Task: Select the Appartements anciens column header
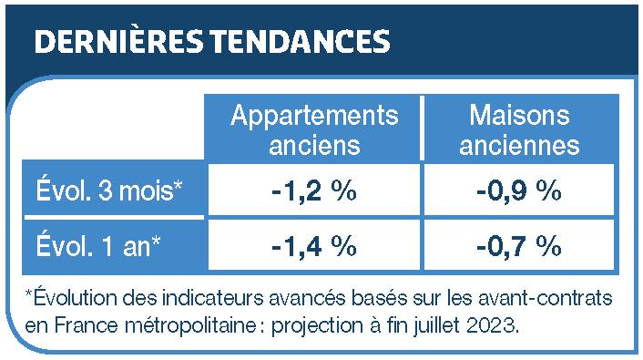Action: coord(314,129)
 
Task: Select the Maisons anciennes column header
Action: coord(518,129)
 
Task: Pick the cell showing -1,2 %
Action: coord(313,191)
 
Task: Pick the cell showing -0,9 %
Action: coord(518,191)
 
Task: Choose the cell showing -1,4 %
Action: coord(313,246)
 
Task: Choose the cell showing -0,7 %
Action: coord(518,246)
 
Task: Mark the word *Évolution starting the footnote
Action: coord(67,298)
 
